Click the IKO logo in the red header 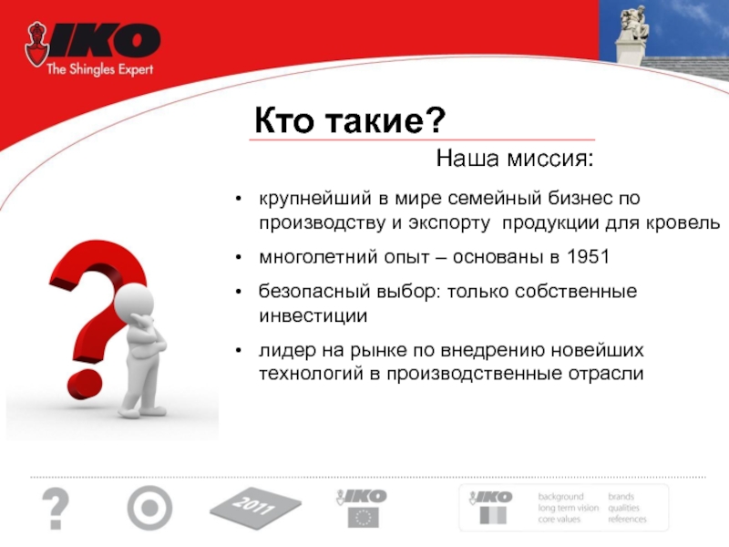(x=93, y=44)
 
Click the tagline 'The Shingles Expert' (x=99, y=70)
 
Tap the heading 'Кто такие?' (x=350, y=120)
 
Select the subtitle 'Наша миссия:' (x=515, y=159)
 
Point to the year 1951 (x=588, y=256)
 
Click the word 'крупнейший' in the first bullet (x=315, y=199)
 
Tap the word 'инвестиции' (x=313, y=315)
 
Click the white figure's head (x=134, y=303)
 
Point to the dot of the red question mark (x=85, y=385)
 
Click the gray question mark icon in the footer (x=56, y=509)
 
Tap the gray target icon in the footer (x=149, y=508)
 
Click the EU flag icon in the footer (x=363, y=517)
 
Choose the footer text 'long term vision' (x=568, y=508)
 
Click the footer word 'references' (x=627, y=519)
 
